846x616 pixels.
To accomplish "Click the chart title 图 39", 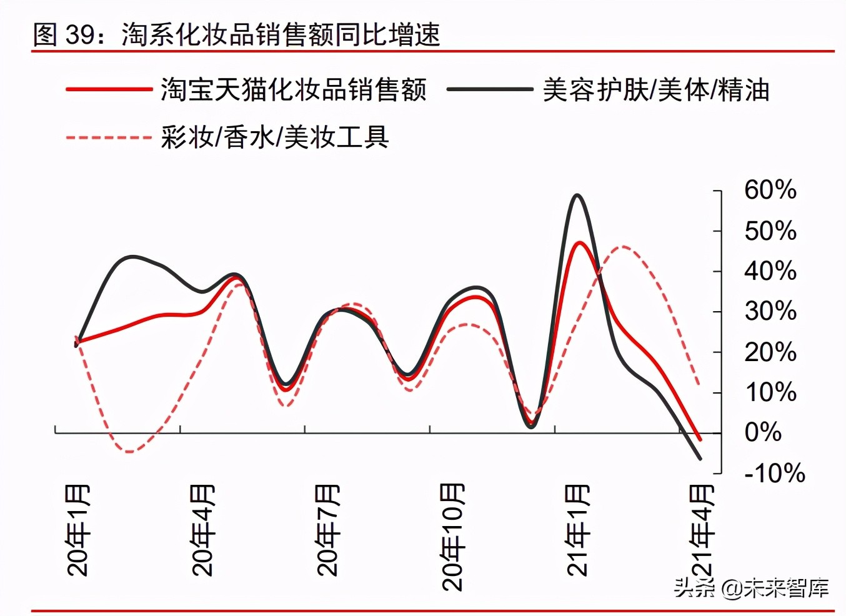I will click(x=236, y=34).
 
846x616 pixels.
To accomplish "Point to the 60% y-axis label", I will click(x=770, y=190).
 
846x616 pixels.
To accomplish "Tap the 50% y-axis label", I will click(x=770, y=231).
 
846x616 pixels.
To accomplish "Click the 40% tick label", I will click(x=770, y=271).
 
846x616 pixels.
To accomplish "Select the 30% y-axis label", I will click(x=770, y=311).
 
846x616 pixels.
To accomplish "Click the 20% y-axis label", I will click(x=770, y=352).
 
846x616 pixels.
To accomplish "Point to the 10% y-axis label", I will click(x=770, y=392).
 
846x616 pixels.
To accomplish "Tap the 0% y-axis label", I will click(x=763, y=432).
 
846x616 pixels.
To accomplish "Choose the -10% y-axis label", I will click(x=774, y=473).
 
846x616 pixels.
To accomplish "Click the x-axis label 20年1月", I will click(x=78, y=530).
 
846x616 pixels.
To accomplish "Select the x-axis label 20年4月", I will click(x=203, y=530).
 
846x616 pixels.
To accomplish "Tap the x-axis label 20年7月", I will click(x=328, y=530).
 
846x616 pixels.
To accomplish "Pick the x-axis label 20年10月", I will click(x=453, y=537).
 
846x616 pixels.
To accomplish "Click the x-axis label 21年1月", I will click(x=578, y=530).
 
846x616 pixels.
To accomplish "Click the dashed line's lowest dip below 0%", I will click(x=129, y=451).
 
